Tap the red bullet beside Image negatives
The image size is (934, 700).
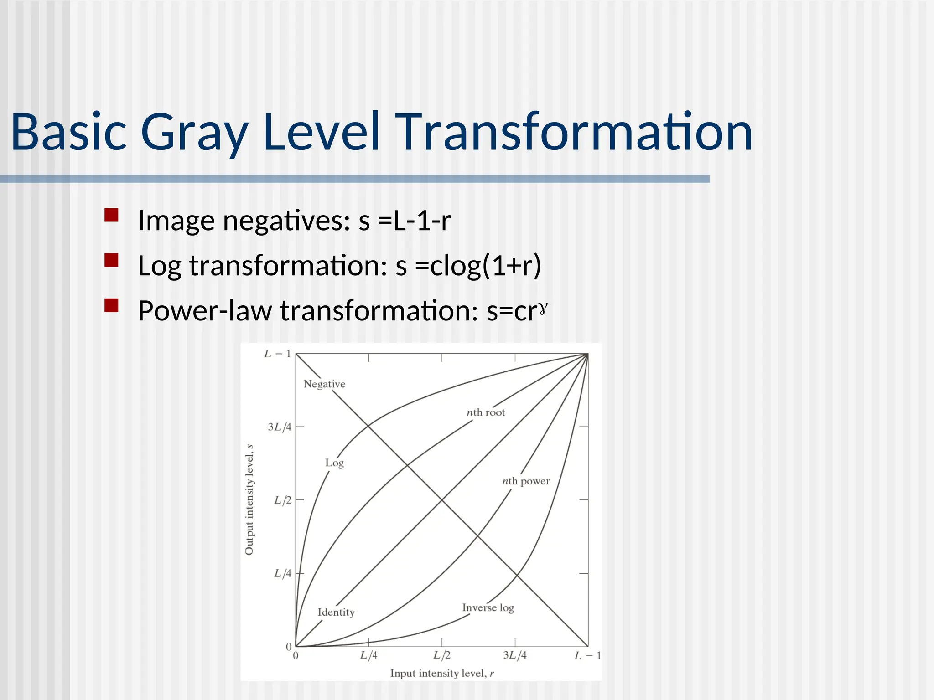(111, 215)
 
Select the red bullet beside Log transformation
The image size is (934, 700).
(111, 260)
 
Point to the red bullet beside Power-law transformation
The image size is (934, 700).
(111, 305)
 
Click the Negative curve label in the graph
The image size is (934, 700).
(324, 384)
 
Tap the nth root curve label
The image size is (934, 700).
(486, 412)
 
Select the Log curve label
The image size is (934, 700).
(334, 463)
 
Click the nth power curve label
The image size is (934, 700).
(526, 481)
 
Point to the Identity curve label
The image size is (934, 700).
(336, 612)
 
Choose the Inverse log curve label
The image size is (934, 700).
(488, 607)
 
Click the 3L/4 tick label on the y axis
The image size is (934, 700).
(279, 427)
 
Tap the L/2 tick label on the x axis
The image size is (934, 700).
(441, 655)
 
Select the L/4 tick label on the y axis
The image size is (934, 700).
(282, 573)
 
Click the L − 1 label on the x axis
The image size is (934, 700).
(587, 656)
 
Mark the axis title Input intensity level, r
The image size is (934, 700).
(442, 673)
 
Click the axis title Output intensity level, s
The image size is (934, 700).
(249, 499)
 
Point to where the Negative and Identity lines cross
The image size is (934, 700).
(441, 500)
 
